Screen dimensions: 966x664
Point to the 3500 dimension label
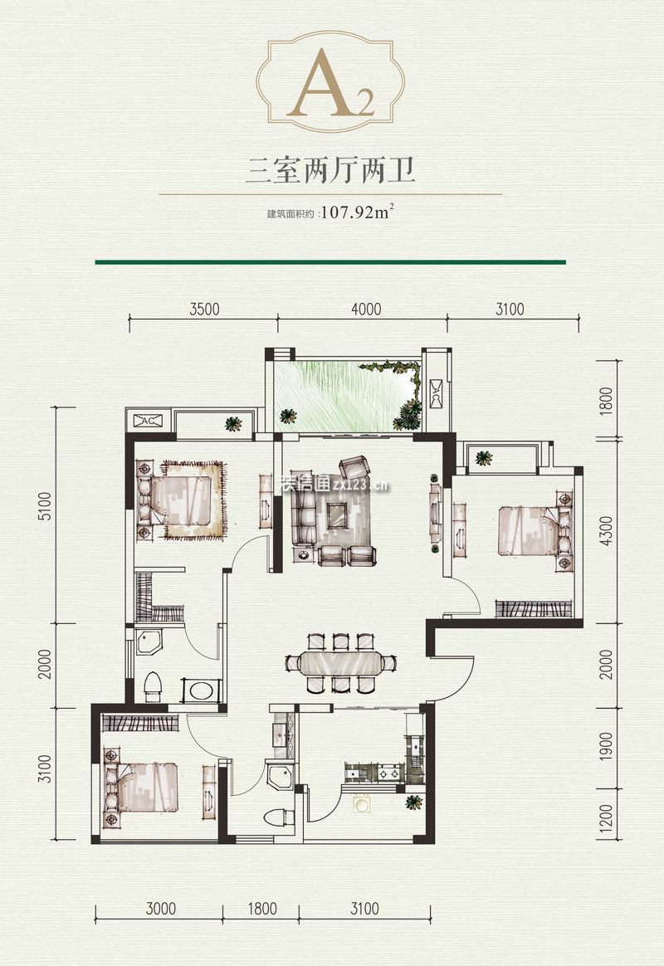(x=203, y=310)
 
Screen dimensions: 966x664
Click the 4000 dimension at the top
(x=366, y=310)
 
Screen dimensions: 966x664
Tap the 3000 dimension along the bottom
(x=160, y=909)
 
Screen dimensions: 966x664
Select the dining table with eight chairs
(x=340, y=663)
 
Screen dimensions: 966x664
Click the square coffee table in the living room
(x=337, y=515)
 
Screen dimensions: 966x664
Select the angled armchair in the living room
(x=354, y=466)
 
